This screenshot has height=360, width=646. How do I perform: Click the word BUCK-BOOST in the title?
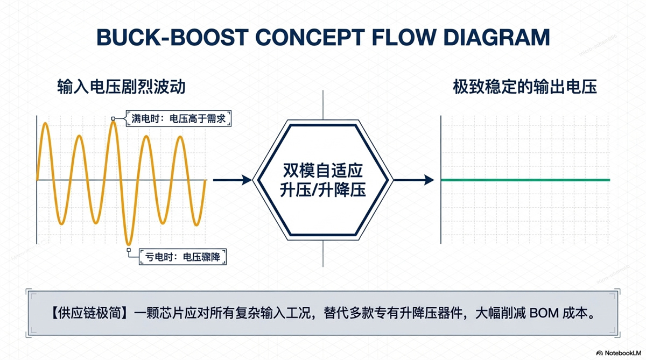172,37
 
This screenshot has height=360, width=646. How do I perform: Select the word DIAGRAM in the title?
496,37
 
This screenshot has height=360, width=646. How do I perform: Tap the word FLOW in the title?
404,37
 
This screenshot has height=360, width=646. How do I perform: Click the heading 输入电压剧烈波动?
121,87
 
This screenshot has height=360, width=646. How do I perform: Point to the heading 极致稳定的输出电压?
525,87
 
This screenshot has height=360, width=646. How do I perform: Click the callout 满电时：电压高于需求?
179,118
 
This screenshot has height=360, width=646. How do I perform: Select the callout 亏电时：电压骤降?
183,257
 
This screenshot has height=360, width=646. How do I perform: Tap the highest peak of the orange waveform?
114,122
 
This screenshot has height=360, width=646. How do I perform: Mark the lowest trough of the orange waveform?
129,244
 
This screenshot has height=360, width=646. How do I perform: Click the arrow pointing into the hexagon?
232,180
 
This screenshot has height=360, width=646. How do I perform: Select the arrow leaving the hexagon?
414,180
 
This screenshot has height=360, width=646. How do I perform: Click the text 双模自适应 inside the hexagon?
322,171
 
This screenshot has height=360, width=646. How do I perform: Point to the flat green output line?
525,180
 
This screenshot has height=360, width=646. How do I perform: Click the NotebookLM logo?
619,353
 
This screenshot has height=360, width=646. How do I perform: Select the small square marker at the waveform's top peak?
113,118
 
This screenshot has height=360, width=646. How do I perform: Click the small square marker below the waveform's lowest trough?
129,250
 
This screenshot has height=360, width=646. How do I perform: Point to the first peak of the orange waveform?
46,124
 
